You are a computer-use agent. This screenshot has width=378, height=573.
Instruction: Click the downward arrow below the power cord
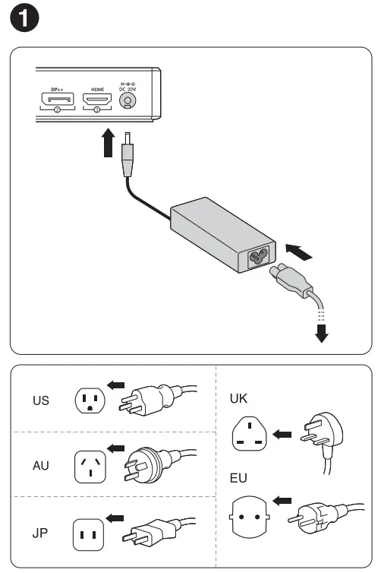pyautogui.click(x=323, y=331)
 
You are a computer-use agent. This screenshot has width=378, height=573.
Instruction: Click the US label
pyautogui.click(x=41, y=400)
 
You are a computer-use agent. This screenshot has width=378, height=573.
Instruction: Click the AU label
pyautogui.click(x=41, y=465)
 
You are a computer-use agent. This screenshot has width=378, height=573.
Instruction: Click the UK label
pyautogui.click(x=239, y=398)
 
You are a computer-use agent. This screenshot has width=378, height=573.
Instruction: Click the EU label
pyautogui.click(x=239, y=480)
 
